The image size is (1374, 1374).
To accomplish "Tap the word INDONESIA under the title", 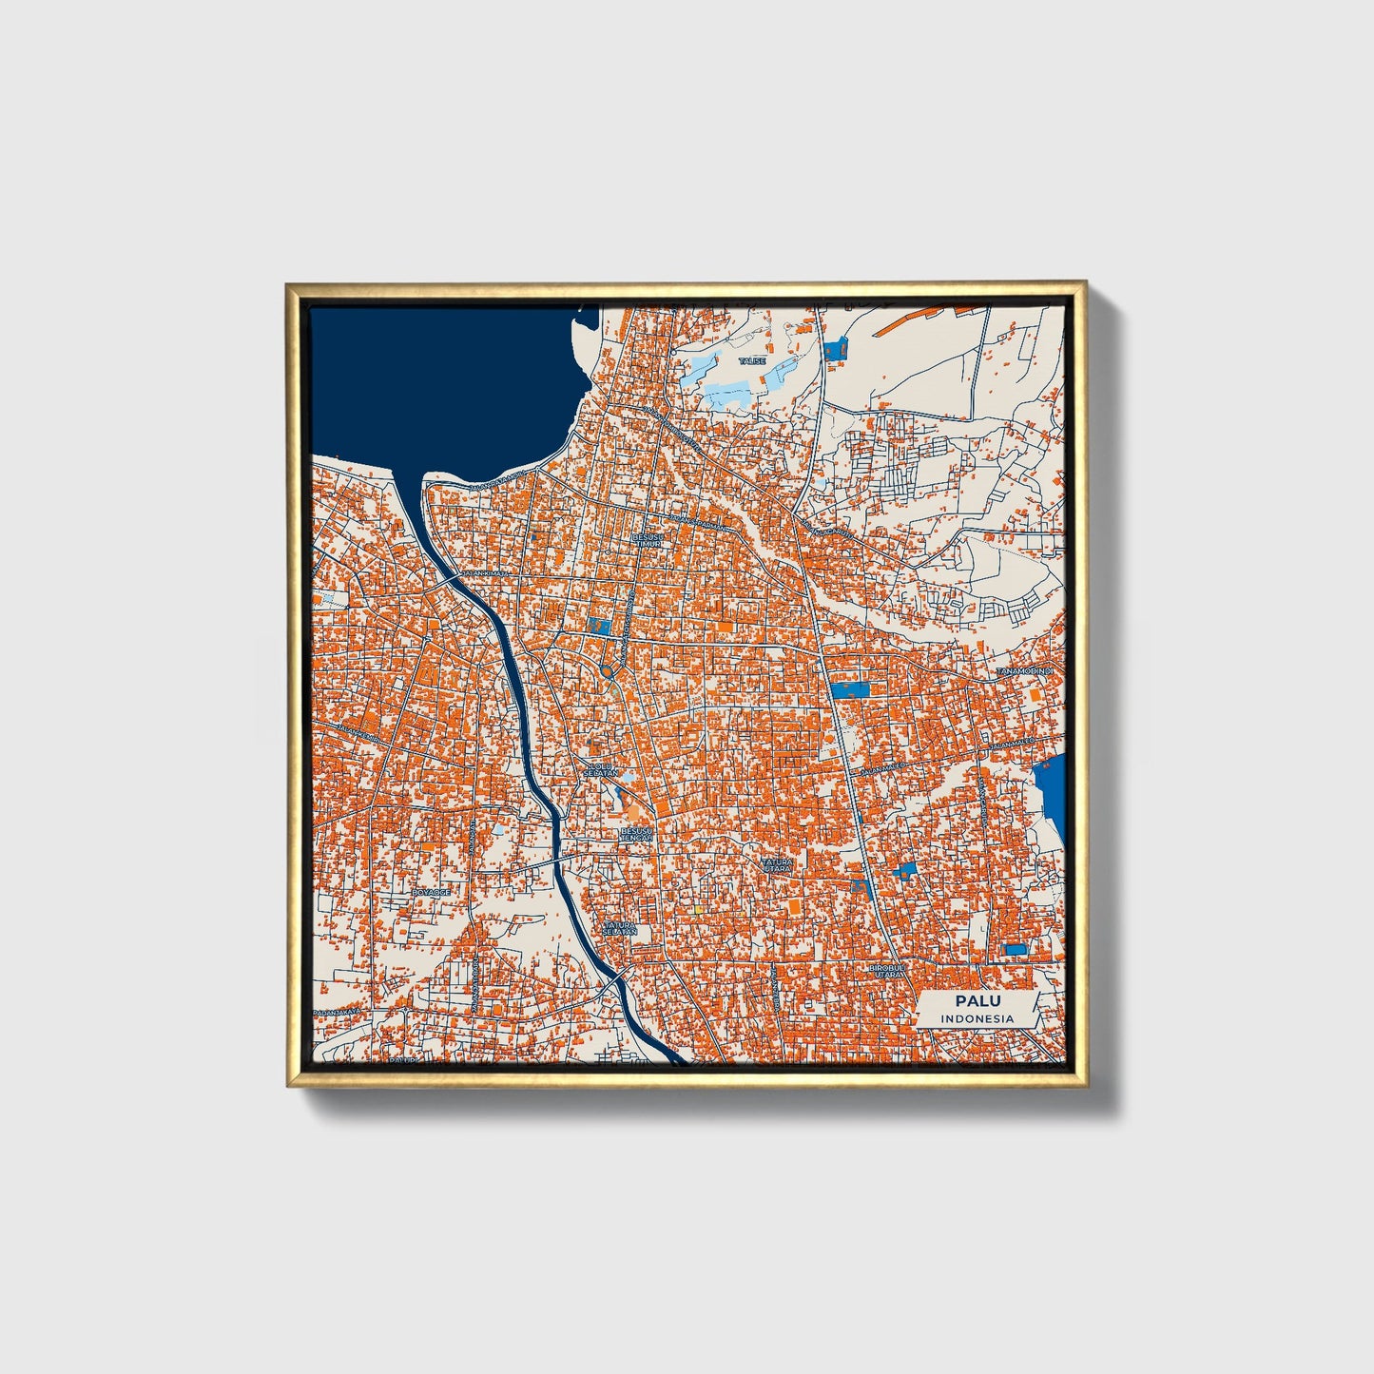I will pyautogui.click(x=977, y=1018).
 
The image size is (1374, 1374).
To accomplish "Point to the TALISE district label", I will pyautogui.click(x=754, y=360).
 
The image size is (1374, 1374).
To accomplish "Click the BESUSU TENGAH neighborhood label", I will pyautogui.click(x=636, y=834).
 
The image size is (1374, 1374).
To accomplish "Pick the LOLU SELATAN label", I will pyautogui.click(x=601, y=769).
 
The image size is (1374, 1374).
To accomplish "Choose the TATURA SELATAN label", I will pyautogui.click(x=619, y=927).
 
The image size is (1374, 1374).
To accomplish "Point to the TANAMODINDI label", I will pyautogui.click(x=1025, y=672).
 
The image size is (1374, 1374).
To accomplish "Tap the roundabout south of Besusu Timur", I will pyautogui.click(x=608, y=672).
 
